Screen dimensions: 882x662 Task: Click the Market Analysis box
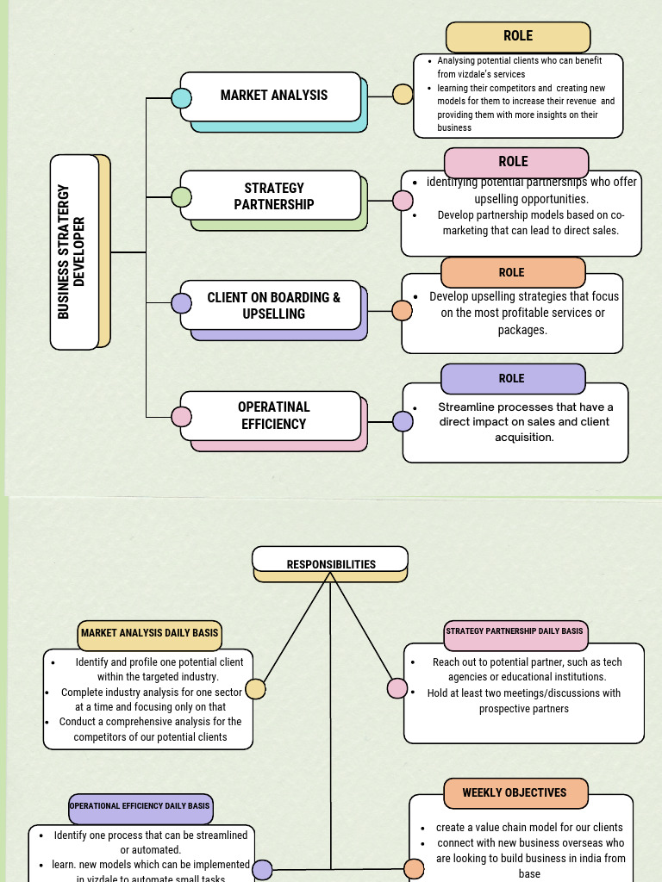(x=273, y=96)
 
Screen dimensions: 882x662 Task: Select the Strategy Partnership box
(x=273, y=196)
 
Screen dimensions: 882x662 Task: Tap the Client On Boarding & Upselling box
(x=273, y=305)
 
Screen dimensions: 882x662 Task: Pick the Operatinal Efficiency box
(x=273, y=415)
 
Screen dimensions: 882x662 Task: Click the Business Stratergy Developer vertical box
(x=75, y=252)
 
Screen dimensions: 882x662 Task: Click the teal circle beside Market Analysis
(x=181, y=97)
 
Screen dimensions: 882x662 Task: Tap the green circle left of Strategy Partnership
(x=181, y=197)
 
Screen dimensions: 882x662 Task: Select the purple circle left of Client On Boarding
(x=181, y=303)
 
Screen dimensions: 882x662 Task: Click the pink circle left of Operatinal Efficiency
(x=181, y=417)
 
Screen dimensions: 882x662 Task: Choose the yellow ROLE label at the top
(x=518, y=36)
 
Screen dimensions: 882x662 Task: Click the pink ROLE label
(x=515, y=162)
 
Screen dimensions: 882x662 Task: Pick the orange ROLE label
(x=512, y=272)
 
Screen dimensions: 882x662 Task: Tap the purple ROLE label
(x=512, y=378)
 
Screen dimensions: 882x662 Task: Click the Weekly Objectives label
(x=515, y=792)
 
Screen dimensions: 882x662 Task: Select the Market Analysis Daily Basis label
(x=149, y=633)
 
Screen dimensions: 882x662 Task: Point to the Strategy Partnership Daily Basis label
(x=515, y=631)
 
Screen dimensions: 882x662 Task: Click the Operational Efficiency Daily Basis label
(x=140, y=806)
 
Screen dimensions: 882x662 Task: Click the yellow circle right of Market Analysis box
(x=403, y=94)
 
